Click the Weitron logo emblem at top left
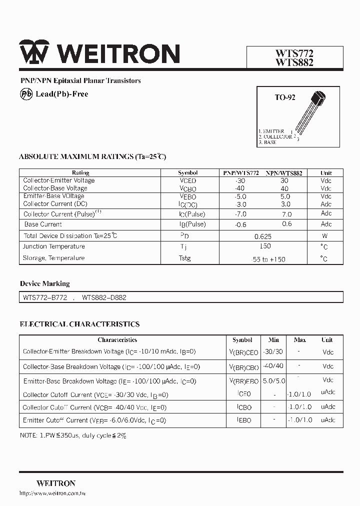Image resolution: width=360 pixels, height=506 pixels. (x=34, y=52)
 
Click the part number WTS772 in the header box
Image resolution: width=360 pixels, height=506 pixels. (x=294, y=53)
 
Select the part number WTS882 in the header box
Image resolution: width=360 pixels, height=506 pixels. (x=294, y=62)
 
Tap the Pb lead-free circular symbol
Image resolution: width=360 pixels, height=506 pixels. (x=26, y=94)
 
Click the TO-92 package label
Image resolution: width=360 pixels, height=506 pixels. (x=284, y=97)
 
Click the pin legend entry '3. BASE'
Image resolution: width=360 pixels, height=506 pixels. (x=267, y=142)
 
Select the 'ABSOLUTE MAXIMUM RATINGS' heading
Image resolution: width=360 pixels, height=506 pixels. (x=92, y=156)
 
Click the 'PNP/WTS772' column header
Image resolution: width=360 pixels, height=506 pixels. (x=240, y=173)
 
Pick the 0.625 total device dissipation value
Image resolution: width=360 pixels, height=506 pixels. (x=262, y=236)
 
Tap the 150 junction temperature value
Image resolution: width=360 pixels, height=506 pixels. (x=265, y=246)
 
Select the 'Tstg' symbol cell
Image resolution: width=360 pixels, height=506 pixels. (x=185, y=258)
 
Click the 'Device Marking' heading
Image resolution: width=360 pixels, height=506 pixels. (x=44, y=283)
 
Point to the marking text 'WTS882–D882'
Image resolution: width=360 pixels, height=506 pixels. (x=104, y=297)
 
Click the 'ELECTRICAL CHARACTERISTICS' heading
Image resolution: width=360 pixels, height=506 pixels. (x=79, y=324)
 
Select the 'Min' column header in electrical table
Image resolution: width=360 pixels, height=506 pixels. (x=273, y=339)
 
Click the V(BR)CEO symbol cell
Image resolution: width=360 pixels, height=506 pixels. (x=243, y=352)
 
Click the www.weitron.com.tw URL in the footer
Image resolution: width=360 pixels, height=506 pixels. (x=52, y=493)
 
